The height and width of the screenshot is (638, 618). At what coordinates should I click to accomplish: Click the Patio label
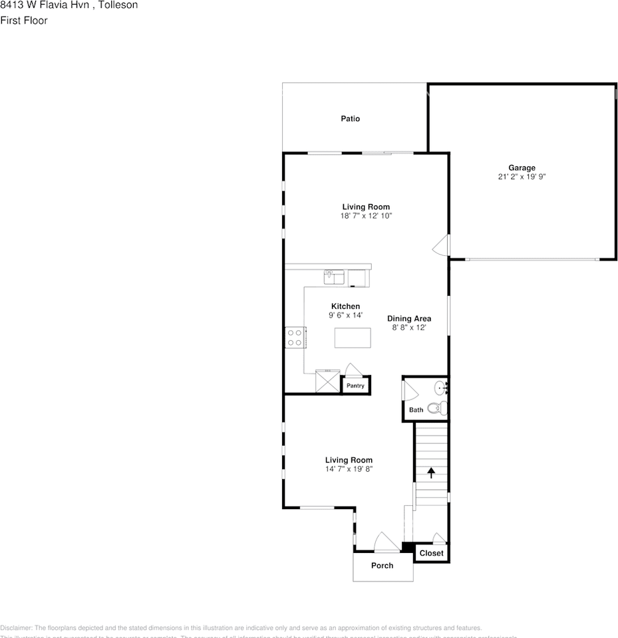coord(351,119)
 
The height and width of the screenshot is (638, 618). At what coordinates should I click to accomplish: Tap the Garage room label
coord(522,168)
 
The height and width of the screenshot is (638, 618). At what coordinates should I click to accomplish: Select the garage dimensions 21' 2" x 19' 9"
coord(522,177)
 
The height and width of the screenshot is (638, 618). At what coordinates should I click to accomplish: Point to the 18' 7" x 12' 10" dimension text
coord(366,216)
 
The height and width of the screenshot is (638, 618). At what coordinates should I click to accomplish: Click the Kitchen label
coord(345,306)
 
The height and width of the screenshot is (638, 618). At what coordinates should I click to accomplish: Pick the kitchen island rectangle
coord(353,338)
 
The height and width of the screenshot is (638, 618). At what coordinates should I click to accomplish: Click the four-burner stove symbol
coord(295,338)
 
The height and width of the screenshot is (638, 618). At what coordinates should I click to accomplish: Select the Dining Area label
coord(409,318)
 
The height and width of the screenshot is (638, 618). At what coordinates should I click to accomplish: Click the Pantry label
coord(355,386)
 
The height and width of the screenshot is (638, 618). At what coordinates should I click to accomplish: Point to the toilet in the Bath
coord(436,408)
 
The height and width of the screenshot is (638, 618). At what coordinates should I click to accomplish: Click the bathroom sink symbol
coord(441,387)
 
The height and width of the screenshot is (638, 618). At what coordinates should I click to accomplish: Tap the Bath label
coord(416,410)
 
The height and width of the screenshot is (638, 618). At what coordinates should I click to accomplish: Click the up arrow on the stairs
coord(431,473)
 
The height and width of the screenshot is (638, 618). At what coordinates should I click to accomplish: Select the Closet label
coord(431,553)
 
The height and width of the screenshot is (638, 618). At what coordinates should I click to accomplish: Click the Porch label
coord(382,566)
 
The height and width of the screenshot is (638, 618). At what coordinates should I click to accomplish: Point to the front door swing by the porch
coord(385,542)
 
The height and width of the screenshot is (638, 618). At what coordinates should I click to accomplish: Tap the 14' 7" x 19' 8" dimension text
coord(349,469)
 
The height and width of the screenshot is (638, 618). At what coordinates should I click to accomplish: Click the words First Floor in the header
coord(24,21)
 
